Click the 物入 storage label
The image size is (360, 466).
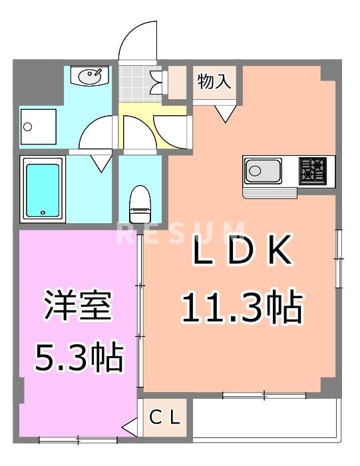214,83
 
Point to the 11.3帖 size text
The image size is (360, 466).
242,307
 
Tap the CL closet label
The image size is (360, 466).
164,417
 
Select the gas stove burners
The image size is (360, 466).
313,170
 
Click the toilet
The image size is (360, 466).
140,204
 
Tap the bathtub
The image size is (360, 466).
43,189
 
